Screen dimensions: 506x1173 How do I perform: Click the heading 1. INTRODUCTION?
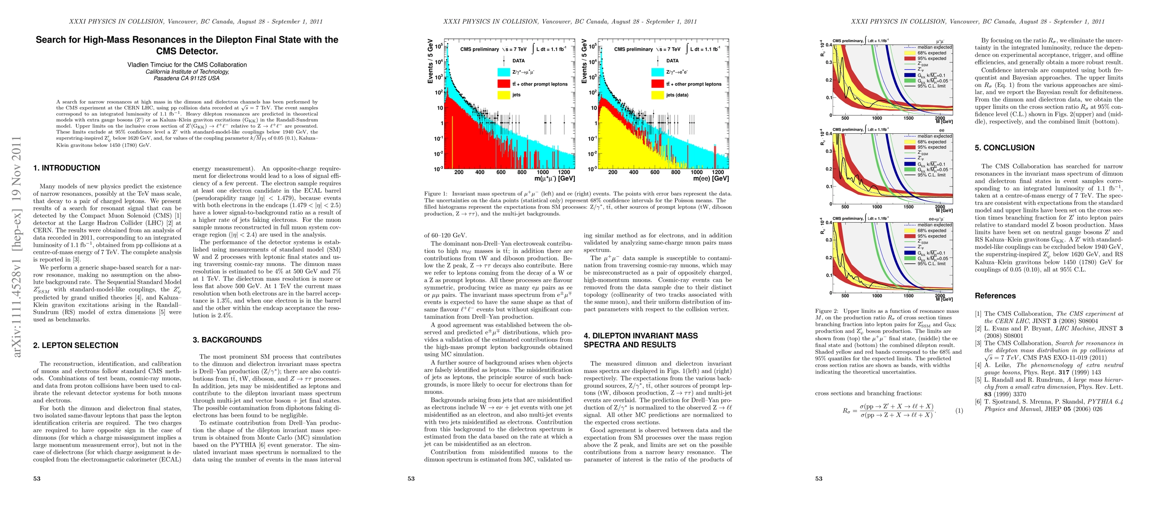(x=67, y=168)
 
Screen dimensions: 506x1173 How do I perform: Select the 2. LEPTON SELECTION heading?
(x=76, y=345)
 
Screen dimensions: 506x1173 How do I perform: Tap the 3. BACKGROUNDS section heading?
(x=227, y=340)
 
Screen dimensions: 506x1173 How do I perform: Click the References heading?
(x=995, y=296)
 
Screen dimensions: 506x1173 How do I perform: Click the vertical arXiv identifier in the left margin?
(x=16, y=246)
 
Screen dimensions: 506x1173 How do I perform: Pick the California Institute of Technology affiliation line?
(x=187, y=71)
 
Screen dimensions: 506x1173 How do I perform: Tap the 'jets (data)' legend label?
(x=677, y=95)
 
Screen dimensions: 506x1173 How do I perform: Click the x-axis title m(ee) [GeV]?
(x=710, y=178)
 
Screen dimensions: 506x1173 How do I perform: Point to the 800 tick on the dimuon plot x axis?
(x=522, y=172)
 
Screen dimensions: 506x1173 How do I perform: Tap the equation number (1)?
(x=959, y=410)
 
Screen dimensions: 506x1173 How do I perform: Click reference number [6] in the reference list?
(x=978, y=401)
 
